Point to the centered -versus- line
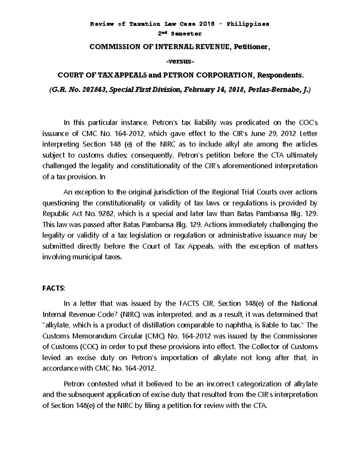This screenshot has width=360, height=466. [180, 62]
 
